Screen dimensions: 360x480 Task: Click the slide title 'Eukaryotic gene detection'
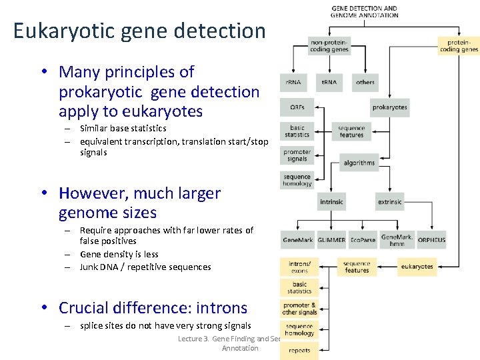pos(139,31)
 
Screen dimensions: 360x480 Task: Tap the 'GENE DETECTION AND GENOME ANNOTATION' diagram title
pos(364,11)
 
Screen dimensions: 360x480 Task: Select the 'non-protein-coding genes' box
pos(329,45)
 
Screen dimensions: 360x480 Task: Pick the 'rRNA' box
pos(293,82)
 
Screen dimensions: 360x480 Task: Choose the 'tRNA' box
pos(329,82)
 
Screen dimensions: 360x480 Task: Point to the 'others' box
pos(365,82)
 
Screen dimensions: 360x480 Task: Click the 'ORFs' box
pos(297,107)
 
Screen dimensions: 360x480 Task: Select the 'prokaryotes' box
pos(389,107)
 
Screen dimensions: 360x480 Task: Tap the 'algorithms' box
pos(359,163)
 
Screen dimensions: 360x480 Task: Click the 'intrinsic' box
pos(331,201)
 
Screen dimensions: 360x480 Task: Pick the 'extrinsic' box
pos(389,201)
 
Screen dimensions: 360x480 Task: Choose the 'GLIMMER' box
pos(331,239)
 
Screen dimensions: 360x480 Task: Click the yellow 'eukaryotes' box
pos(417,267)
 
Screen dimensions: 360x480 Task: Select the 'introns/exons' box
pos(299,267)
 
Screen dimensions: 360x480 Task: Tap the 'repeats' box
pos(299,350)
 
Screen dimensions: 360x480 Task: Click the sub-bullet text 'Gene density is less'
pos(119,254)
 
